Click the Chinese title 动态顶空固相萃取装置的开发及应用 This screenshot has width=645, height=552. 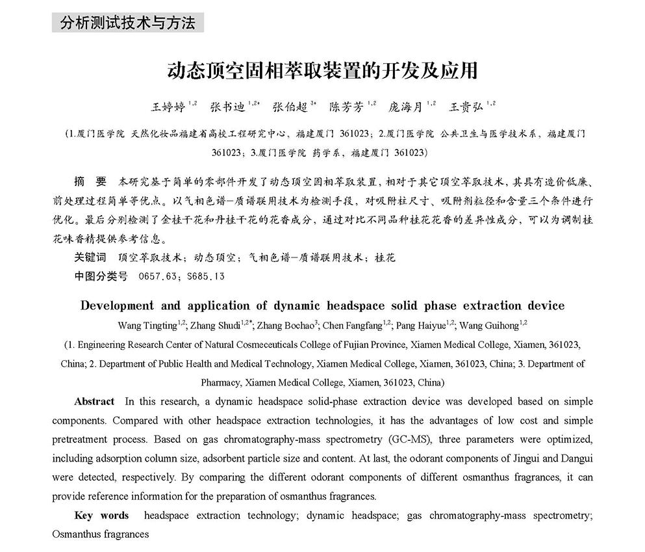coord(322,70)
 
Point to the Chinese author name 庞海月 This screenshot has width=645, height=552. coord(405,107)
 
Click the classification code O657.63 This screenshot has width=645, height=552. coord(158,276)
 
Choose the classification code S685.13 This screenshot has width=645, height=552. coord(205,276)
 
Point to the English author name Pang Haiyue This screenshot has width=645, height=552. coord(420,325)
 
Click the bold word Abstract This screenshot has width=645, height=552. coord(94,402)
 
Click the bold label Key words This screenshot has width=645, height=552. coord(101,516)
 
